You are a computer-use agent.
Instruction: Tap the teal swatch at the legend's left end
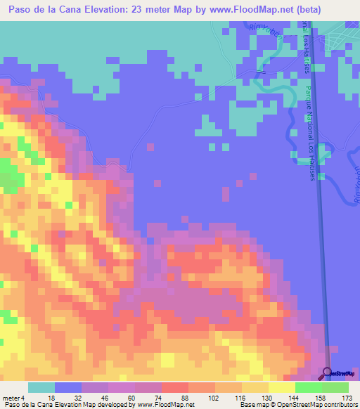[x=41, y=388]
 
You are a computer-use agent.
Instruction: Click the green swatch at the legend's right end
[x=335, y=388]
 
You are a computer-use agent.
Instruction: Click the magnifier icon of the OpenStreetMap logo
[x=328, y=373]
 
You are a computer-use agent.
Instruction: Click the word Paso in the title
[x=15, y=9]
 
